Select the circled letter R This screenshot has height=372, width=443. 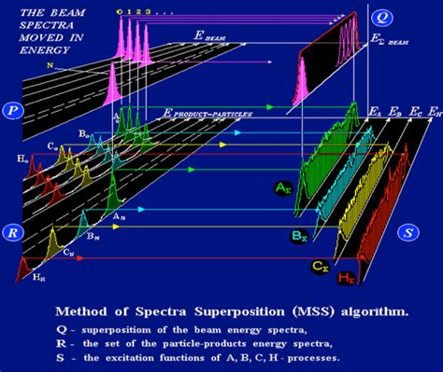pyautogui.click(x=14, y=230)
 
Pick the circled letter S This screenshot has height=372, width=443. pyautogui.click(x=408, y=230)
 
